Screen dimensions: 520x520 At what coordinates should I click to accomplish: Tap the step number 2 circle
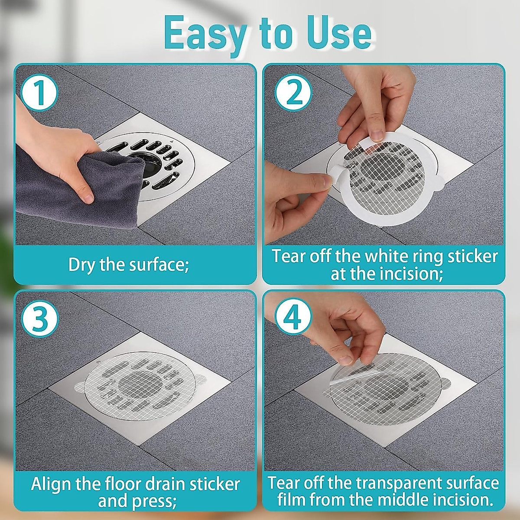coord(294,94)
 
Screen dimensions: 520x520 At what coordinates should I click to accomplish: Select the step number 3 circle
coord(39,319)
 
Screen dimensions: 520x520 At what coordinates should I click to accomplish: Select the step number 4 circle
coord(294,319)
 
